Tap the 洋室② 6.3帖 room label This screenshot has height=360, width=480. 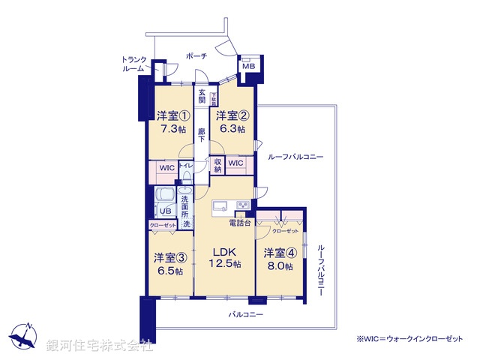point(230,122)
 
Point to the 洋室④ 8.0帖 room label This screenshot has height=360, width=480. point(277,259)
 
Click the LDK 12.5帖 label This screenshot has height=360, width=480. point(225,257)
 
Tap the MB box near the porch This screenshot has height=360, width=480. point(248,67)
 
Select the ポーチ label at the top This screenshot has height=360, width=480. point(197,55)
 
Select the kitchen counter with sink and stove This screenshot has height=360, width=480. point(232,206)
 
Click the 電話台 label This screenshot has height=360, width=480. point(238,223)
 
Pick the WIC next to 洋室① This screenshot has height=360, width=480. point(166,169)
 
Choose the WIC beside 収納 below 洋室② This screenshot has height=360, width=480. point(236,163)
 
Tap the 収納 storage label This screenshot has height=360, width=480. point(217,165)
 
